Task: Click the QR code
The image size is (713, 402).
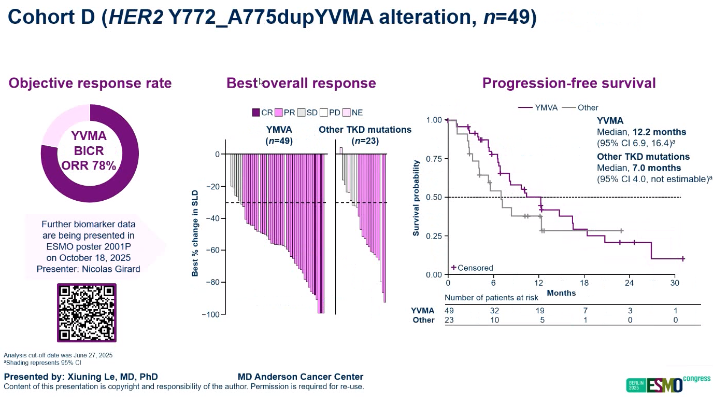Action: [x=86, y=312]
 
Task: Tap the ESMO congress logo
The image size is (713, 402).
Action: [x=668, y=384]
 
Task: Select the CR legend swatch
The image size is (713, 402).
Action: [x=256, y=112]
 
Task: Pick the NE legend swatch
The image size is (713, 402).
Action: [x=347, y=112]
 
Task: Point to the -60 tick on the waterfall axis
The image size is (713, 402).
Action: [x=212, y=250]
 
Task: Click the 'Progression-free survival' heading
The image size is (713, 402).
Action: [x=568, y=83]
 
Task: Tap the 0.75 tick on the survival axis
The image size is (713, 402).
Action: [x=434, y=159]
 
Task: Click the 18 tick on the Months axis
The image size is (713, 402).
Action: [x=584, y=283]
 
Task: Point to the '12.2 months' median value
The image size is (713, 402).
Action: [x=658, y=132]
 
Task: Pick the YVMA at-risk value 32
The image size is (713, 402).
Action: [x=494, y=310]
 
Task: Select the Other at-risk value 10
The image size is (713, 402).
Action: [x=494, y=320]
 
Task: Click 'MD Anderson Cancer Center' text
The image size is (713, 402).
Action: [x=301, y=377]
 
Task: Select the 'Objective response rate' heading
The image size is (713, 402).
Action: [x=90, y=83]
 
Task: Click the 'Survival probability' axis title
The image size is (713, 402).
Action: [x=416, y=197]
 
